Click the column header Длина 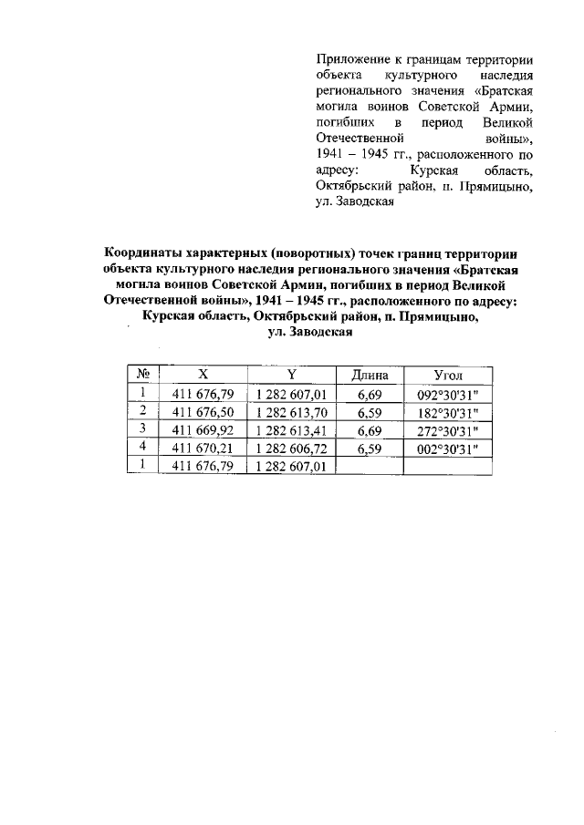(369, 376)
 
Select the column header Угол (447, 376)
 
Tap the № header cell (142, 376)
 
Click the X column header (203, 376)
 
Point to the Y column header (291, 376)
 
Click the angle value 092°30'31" (447, 394)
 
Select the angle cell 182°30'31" (447, 412)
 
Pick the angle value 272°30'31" (447, 430)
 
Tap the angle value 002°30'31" (447, 448)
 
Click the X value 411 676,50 (203, 412)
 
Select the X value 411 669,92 (203, 430)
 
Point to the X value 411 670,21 (203, 448)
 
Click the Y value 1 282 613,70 (291, 412)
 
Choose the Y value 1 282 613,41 (291, 430)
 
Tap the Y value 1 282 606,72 (291, 448)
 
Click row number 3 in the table (142, 429)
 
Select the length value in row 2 (369, 412)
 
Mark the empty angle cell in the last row (447, 466)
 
